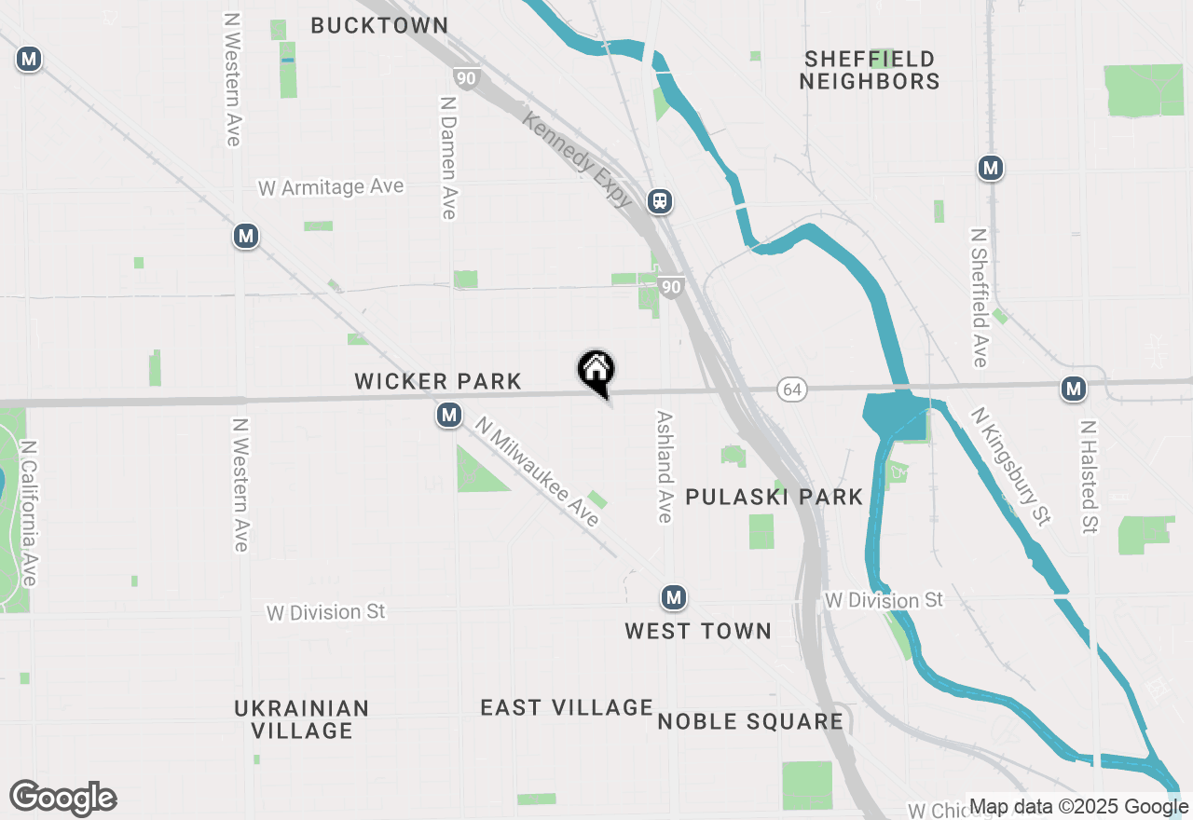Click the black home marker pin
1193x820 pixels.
[x=596, y=371]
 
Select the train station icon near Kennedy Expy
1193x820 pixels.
[x=660, y=200]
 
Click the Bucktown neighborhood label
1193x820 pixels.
[x=379, y=25]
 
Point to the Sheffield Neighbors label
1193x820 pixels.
[x=870, y=70]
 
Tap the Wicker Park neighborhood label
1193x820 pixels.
[x=438, y=381]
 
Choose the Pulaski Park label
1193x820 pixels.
[x=775, y=497]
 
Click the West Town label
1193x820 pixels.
[x=698, y=631]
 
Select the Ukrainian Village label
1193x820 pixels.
[x=302, y=719]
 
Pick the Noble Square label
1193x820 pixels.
[x=750, y=721]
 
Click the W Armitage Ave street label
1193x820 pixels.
[x=331, y=187]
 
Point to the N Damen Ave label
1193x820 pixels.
[x=448, y=157]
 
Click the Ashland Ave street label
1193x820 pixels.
[x=665, y=468]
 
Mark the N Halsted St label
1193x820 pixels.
[x=1087, y=477]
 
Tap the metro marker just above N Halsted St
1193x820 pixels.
[x=1074, y=389]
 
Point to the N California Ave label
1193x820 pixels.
[x=29, y=513]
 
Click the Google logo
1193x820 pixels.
[x=63, y=798]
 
